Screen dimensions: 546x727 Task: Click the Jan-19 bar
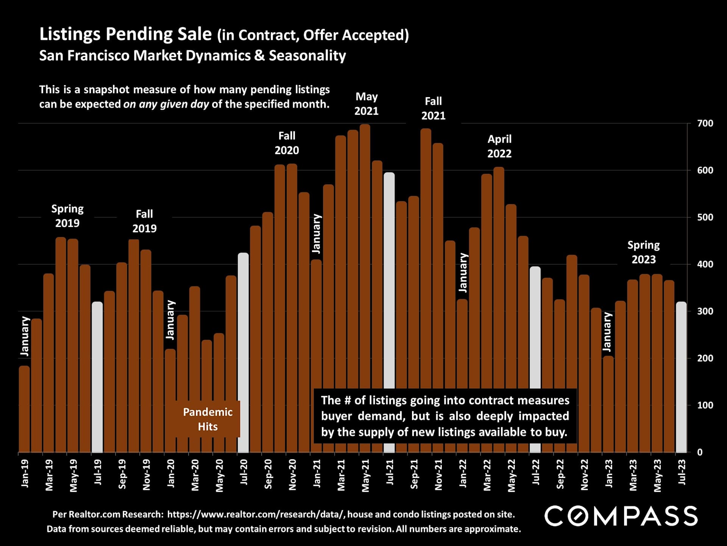coord(24,409)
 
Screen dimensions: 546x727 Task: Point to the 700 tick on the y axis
coord(705,123)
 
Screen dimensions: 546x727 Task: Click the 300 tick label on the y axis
coord(705,311)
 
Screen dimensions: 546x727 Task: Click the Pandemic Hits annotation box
coord(207,419)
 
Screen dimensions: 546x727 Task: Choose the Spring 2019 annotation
coord(67,216)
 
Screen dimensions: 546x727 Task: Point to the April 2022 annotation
coord(499,146)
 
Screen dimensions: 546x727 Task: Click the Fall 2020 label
coord(287,143)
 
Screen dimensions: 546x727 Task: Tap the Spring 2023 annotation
coord(644,252)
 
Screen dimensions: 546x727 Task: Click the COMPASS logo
coord(621,516)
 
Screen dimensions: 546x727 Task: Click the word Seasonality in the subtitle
coord(307,56)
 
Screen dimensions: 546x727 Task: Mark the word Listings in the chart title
coord(70,34)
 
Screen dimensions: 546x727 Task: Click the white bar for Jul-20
coord(243,353)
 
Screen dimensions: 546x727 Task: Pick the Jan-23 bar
coord(608,404)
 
